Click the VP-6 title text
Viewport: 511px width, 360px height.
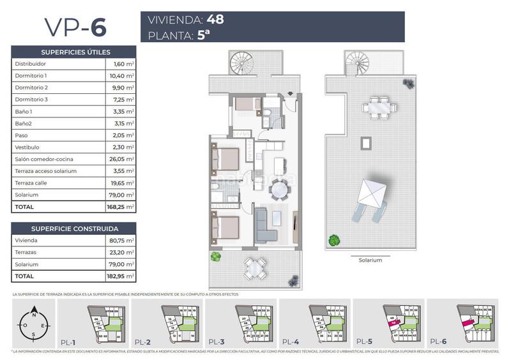[x=75, y=27]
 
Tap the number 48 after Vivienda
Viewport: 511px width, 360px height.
[x=211, y=19]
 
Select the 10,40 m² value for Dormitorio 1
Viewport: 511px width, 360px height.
[x=121, y=75]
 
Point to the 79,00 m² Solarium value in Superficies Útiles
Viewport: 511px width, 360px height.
[x=121, y=195]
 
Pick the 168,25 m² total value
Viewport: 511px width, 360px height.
[x=120, y=207]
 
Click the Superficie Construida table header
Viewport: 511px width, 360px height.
[x=74, y=229]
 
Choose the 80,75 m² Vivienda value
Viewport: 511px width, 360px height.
[x=121, y=241]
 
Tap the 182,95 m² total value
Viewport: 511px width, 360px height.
[x=120, y=276]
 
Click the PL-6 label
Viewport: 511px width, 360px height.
[x=437, y=341]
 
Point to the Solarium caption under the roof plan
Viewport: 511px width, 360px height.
[x=370, y=260]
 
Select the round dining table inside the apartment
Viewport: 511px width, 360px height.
[x=280, y=190]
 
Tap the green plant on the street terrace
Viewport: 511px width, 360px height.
[x=215, y=256]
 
